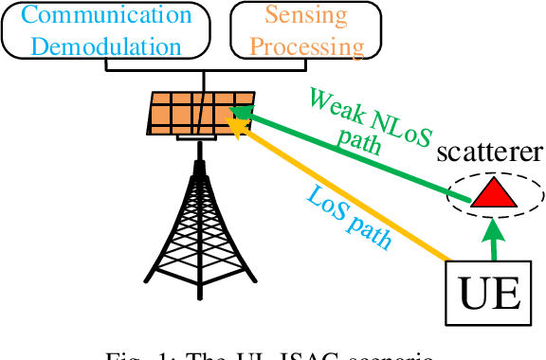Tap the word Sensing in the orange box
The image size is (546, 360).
[x=305, y=16]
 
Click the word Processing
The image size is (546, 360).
[x=305, y=45]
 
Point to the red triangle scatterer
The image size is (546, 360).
[x=493, y=193]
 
